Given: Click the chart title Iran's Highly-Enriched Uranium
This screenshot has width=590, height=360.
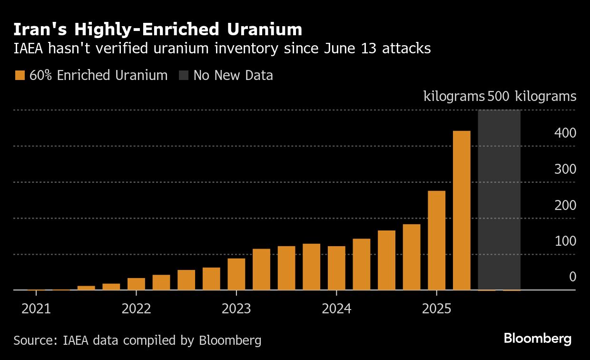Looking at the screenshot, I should tap(157, 30).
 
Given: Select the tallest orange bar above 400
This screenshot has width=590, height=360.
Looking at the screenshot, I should tap(462, 210).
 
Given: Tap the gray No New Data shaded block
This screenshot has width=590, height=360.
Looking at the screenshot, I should tap(499, 200).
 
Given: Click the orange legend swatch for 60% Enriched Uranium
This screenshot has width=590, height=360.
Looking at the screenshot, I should tap(20, 76).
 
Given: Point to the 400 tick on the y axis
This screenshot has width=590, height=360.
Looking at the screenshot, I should tap(565, 133).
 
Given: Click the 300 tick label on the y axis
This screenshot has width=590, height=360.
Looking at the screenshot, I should tap(565, 170).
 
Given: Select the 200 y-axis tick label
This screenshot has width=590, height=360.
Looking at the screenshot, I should tap(565, 206).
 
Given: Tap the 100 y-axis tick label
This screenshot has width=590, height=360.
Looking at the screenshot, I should tap(565, 241).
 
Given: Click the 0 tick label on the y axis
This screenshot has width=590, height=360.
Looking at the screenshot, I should tap(572, 277).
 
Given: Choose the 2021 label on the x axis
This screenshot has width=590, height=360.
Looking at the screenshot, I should tap(36, 309).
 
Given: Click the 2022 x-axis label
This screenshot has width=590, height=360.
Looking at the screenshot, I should tap(136, 309).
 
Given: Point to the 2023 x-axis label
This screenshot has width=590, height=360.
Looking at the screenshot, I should tap(236, 309).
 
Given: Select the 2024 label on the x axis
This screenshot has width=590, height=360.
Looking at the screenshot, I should tap(336, 309).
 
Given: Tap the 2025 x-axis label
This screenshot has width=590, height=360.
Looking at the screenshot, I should tap(436, 309).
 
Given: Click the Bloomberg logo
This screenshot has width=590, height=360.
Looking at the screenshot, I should tap(537, 339).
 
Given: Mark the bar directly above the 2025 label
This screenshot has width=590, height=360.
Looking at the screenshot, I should tap(436, 240).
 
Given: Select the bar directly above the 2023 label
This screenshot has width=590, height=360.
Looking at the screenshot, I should tap(236, 274).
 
